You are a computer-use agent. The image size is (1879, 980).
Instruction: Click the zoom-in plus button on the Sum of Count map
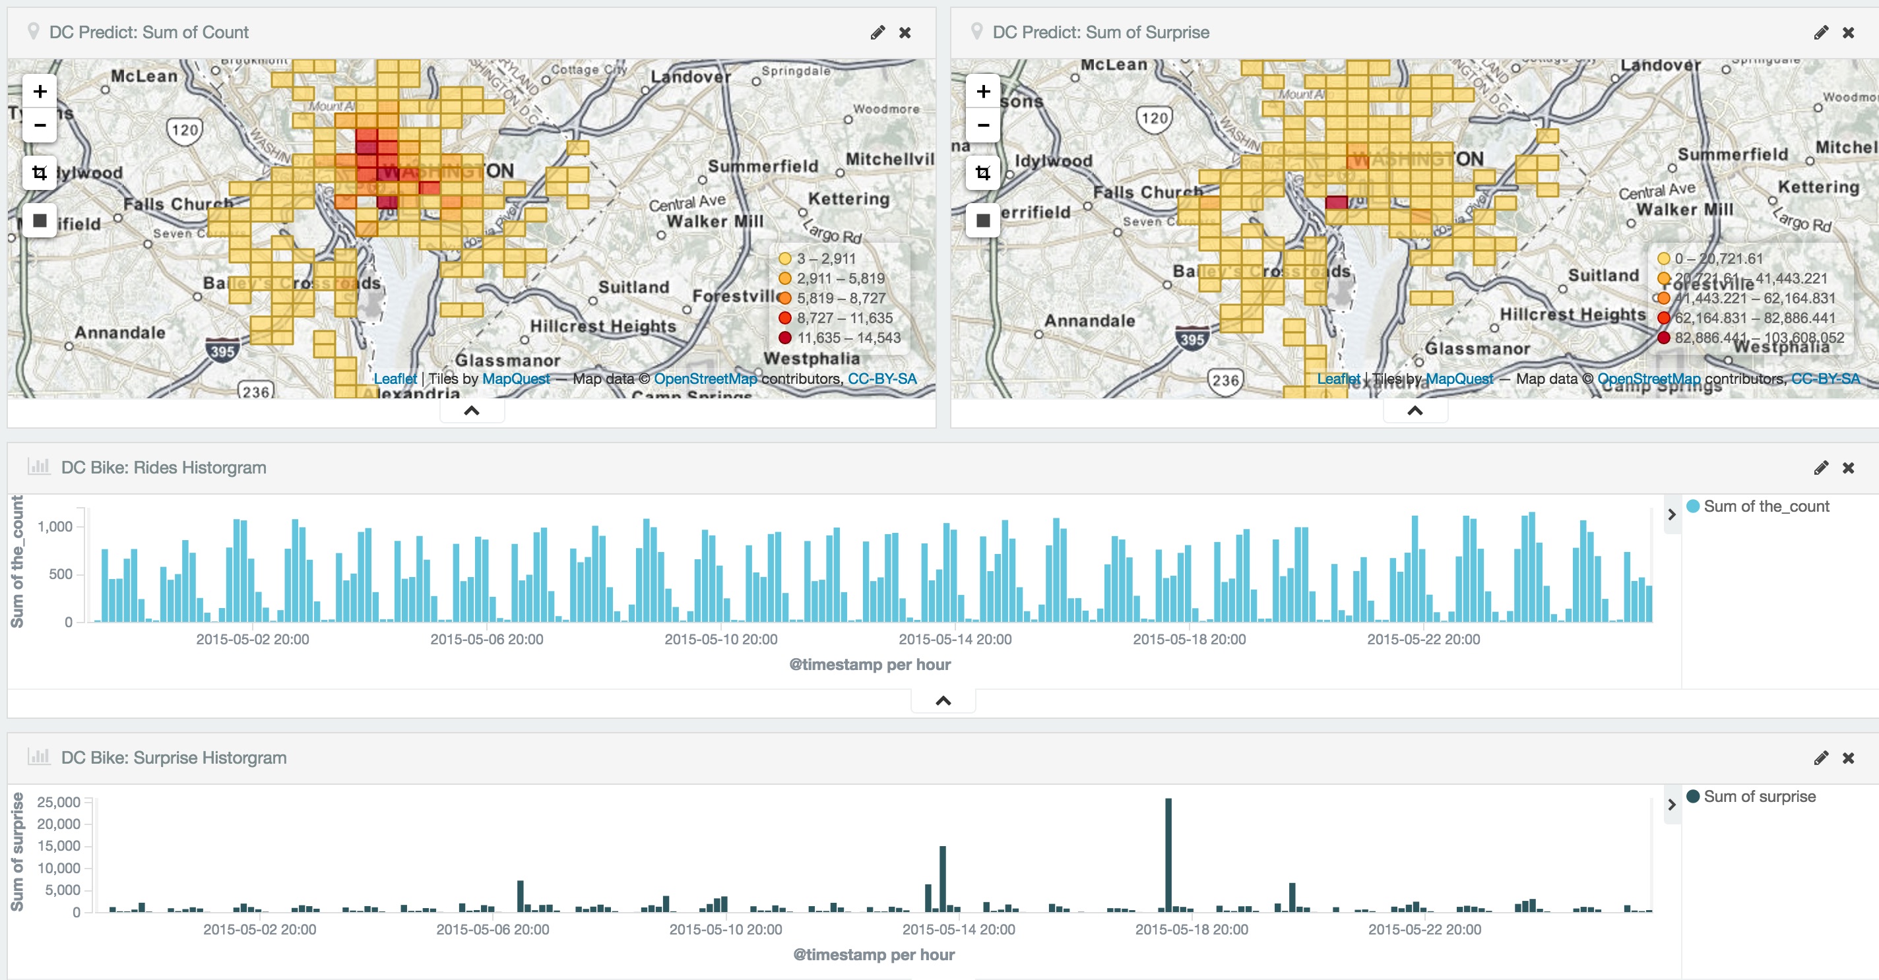coord(40,91)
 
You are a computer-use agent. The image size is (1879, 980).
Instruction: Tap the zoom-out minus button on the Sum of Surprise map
coord(983,125)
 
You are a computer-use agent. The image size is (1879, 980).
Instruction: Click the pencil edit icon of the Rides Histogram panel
coord(1821,468)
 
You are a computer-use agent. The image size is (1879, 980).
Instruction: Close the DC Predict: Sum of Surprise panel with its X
coord(1849,33)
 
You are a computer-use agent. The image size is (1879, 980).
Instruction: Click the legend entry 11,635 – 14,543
coord(848,338)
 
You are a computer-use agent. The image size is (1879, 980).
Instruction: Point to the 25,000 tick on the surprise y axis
coord(58,801)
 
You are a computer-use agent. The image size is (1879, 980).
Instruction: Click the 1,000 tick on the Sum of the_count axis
coord(55,526)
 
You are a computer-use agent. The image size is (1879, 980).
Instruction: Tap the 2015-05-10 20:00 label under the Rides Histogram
coord(720,640)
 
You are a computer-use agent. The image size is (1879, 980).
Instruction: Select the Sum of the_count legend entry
coord(1766,506)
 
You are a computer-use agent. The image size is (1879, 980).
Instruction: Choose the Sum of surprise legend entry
coord(1759,796)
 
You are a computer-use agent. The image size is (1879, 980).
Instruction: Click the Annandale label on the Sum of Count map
coord(119,332)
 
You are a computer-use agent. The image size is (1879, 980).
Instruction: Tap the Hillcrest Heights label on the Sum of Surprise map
coord(1573,315)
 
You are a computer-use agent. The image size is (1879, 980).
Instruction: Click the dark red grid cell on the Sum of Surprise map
coord(1336,202)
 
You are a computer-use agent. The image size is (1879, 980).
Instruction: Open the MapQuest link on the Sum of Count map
coord(516,379)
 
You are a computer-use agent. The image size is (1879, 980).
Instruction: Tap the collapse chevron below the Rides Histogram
coord(943,701)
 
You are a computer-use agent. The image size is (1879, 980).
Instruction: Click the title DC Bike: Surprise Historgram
coord(174,758)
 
